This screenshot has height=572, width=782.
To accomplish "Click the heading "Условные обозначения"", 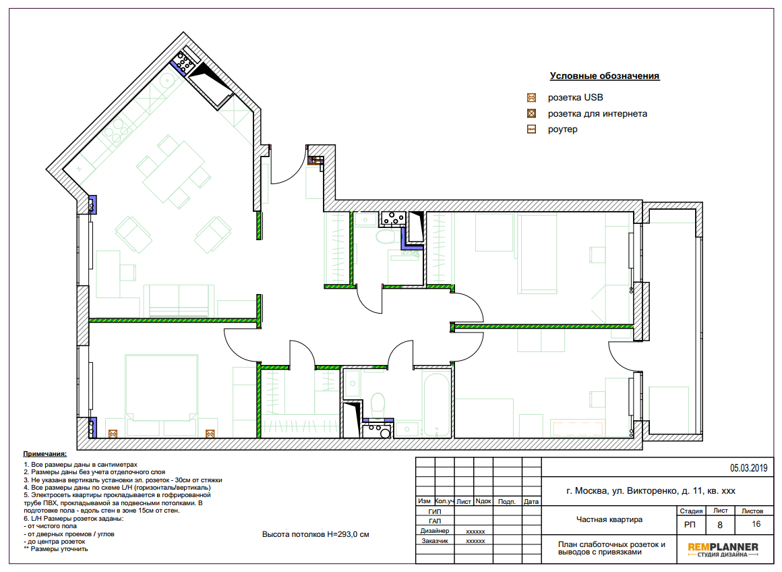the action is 605,76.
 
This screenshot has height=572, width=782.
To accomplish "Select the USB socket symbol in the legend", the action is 532,97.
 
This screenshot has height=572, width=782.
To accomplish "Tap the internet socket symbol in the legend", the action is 532,113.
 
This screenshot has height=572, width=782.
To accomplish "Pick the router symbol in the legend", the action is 532,130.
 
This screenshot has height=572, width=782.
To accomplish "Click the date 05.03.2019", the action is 748,468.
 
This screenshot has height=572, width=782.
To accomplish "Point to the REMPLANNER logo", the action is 723,549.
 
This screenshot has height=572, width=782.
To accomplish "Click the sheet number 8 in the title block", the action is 720,525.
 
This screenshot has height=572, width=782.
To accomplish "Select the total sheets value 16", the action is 756,524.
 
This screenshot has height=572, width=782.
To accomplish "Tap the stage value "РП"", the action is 690,525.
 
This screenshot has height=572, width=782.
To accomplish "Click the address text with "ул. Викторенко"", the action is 651,490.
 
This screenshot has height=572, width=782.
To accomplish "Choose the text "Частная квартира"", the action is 609,519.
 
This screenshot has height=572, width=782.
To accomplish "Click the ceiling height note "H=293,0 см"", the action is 348,534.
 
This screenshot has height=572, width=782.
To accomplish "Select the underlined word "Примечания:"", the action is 45,454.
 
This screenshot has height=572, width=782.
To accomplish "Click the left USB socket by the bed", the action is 113,434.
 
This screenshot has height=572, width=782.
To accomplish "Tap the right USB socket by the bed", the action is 210,434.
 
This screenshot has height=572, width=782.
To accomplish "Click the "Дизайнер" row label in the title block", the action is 434,531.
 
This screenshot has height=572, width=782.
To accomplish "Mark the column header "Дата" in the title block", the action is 531,501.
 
